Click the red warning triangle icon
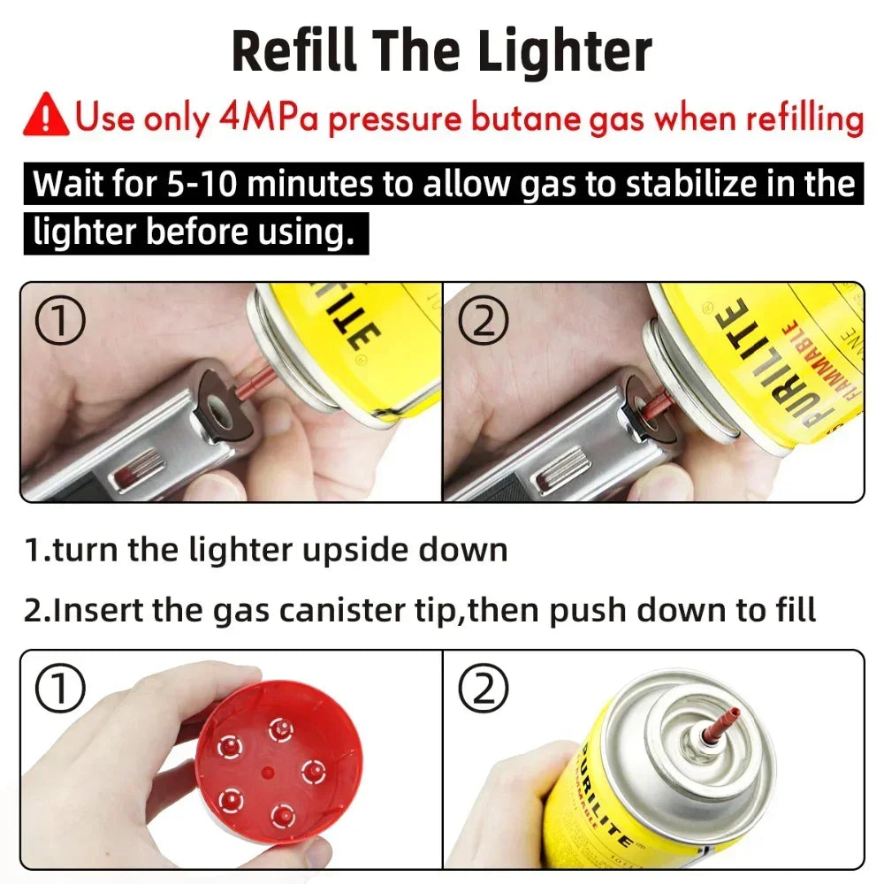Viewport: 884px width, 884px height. (47, 118)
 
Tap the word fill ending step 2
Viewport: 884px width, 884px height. (792, 610)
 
